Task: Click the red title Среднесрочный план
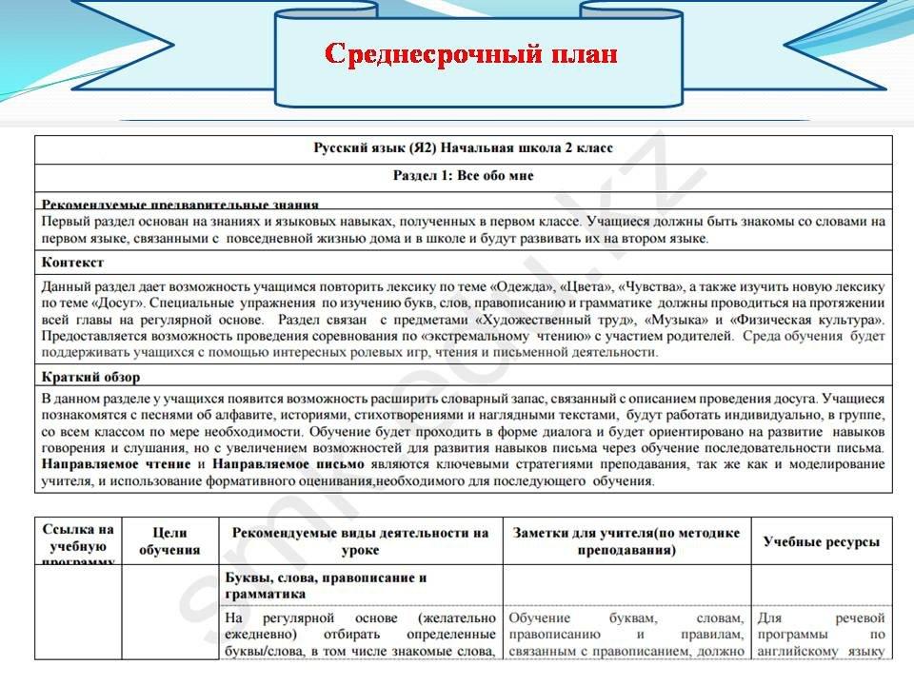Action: tap(471, 53)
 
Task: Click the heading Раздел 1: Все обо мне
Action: tap(464, 176)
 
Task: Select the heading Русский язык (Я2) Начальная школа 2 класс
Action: tap(464, 148)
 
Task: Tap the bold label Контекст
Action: tap(73, 262)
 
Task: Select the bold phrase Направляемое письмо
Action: tap(288, 463)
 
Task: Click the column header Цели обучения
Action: tap(169, 541)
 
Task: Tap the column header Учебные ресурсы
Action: tap(822, 541)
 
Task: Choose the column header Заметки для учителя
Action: tap(626, 541)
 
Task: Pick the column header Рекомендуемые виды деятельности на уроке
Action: tap(360, 541)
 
